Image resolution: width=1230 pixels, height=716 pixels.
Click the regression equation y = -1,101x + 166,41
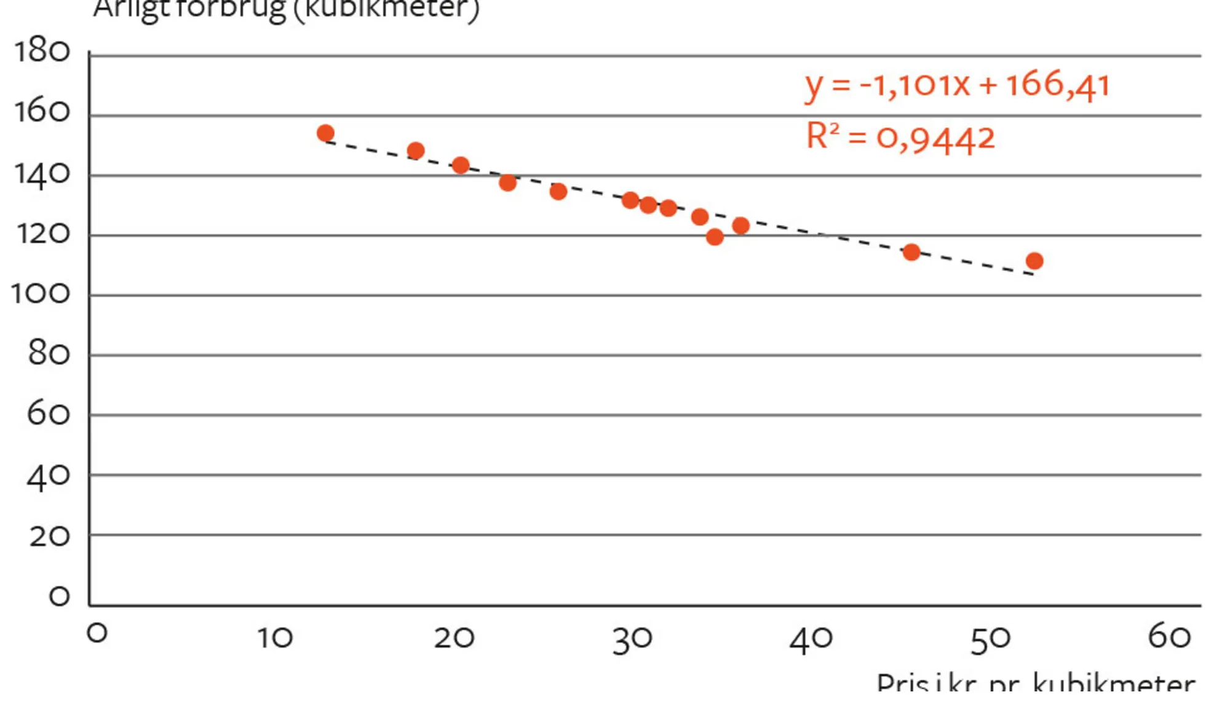click(957, 85)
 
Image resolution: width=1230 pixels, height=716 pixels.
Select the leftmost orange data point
click(325, 133)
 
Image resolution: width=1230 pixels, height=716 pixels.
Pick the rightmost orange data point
click(1034, 261)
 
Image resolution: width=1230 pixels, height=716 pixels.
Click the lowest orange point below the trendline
click(715, 237)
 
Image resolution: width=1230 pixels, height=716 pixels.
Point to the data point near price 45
click(911, 252)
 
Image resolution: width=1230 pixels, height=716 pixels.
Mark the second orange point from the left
click(416, 151)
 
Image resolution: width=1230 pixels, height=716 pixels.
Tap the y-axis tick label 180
click(42, 51)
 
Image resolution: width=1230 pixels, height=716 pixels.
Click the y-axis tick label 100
click(41, 294)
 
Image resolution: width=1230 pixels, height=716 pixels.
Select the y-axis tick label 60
click(48, 414)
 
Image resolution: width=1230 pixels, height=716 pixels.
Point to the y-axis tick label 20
click(49, 537)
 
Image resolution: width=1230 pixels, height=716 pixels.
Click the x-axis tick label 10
click(274, 638)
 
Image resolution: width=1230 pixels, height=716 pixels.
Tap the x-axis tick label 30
click(632, 639)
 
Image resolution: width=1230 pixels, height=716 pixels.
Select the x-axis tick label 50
click(990, 639)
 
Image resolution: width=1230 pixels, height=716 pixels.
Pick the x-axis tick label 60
click(1169, 635)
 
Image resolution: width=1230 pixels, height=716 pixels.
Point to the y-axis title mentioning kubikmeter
click(286, 9)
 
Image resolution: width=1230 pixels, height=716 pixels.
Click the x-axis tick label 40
click(811, 639)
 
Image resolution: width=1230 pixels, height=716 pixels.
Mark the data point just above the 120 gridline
click(741, 226)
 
